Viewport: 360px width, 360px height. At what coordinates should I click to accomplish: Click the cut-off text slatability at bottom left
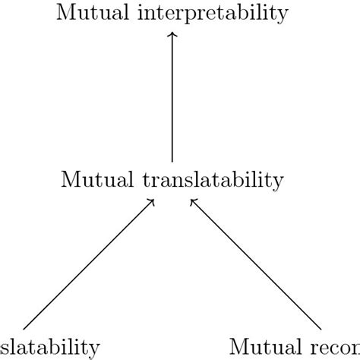click(49, 347)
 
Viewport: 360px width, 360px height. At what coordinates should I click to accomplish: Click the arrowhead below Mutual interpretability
click(172, 35)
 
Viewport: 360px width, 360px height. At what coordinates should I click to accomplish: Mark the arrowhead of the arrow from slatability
click(153, 201)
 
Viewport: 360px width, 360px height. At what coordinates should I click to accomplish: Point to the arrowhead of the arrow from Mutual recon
click(192, 201)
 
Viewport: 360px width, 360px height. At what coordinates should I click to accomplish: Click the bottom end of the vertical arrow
click(172, 161)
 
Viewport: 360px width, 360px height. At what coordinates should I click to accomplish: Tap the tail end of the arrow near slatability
click(24, 329)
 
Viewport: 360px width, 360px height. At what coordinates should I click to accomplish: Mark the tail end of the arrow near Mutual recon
click(320, 329)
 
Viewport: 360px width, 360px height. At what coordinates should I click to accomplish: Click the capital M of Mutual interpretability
click(66, 12)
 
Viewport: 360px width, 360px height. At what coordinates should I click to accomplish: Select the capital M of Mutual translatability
click(69, 181)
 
